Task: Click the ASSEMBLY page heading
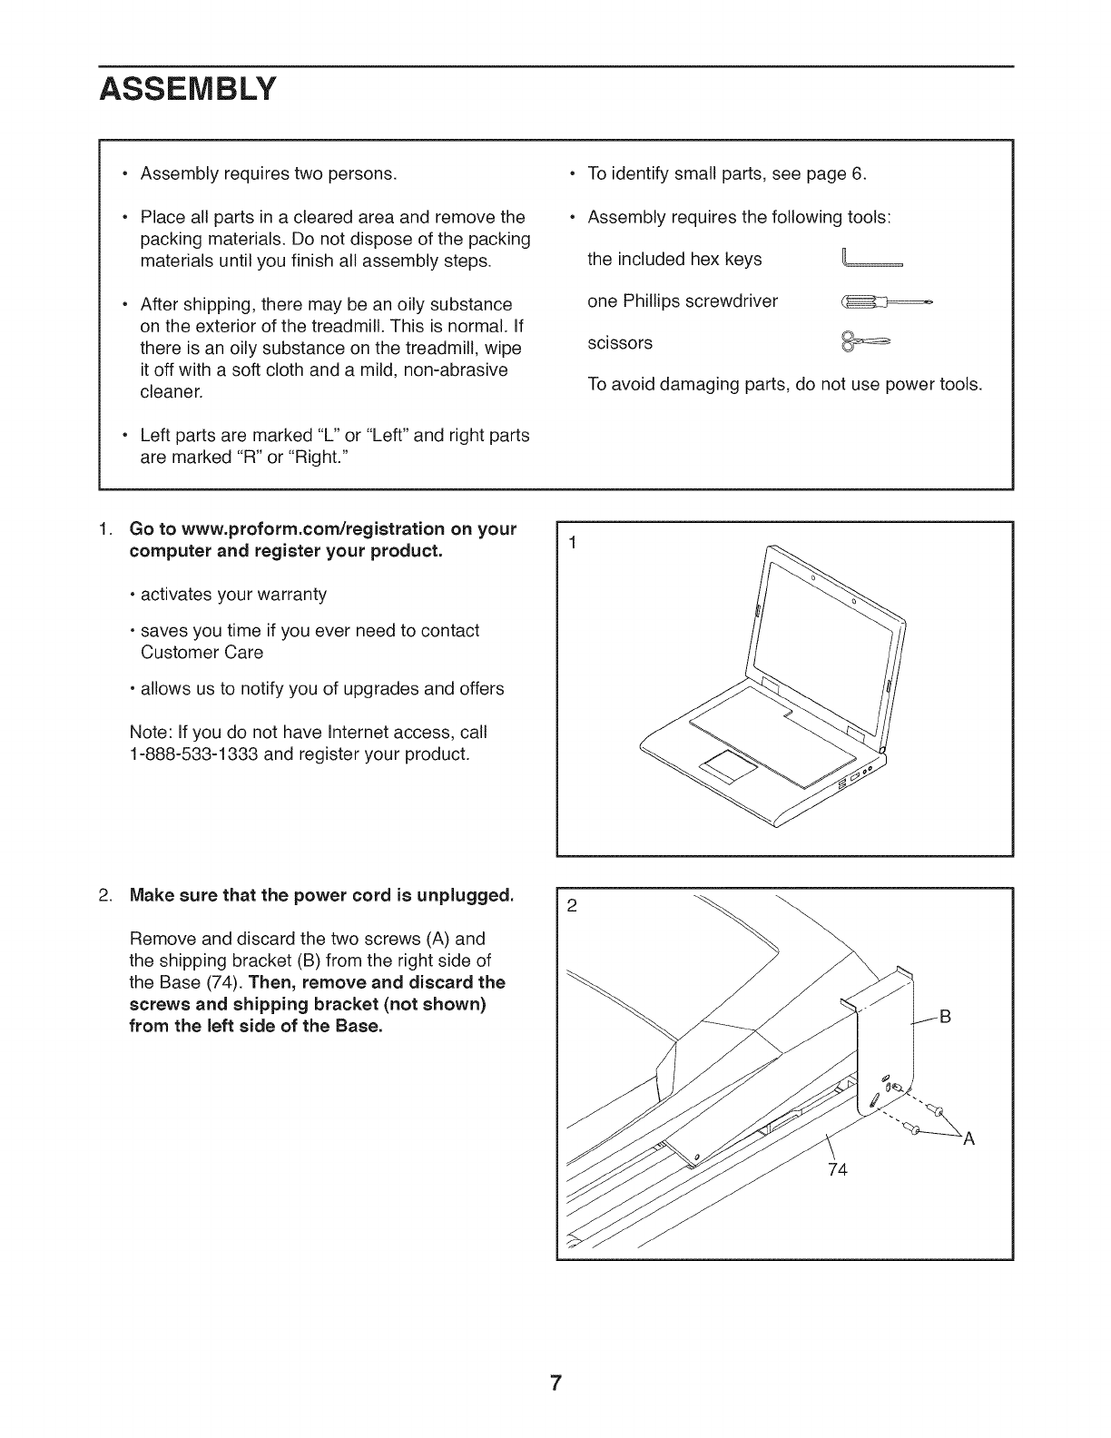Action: click(x=187, y=91)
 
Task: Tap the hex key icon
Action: click(x=871, y=261)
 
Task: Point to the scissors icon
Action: click(x=866, y=342)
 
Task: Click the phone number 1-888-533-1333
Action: click(x=195, y=753)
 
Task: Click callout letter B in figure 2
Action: click(x=944, y=1017)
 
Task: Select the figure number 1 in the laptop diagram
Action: click(x=573, y=543)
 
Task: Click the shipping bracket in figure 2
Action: click(x=885, y=1035)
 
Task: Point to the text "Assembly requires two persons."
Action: click(x=268, y=173)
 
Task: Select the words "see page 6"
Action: click(x=821, y=173)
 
